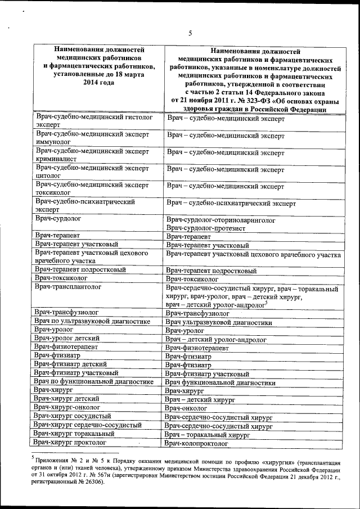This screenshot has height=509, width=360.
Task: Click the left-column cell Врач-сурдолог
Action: pyautogui.click(x=58, y=218)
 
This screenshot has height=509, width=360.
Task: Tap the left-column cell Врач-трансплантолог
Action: pyautogui.click(x=67, y=287)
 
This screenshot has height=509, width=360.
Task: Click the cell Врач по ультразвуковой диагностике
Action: pyautogui.click(x=92, y=322)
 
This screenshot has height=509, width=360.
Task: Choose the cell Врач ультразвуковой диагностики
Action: pyautogui.click(x=219, y=323)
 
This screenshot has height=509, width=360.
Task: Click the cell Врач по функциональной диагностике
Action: pyautogui.click(x=93, y=381)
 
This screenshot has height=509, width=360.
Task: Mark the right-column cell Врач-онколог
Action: pyautogui.click(x=191, y=407)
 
